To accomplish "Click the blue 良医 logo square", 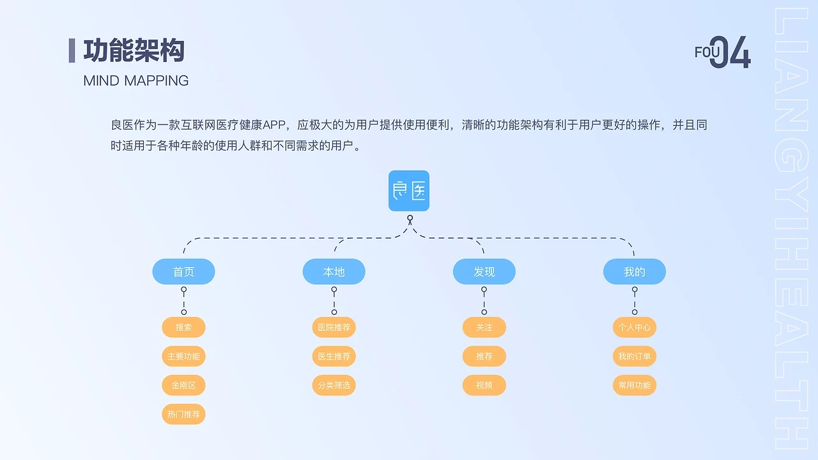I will pos(409,190).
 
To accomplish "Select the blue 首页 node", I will pos(183,272).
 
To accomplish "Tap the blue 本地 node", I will pos(334,272).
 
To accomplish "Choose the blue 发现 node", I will pos(484,272).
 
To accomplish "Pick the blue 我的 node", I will pos(634,272).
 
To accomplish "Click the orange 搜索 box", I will pos(183,327).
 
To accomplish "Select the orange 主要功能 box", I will pos(183,356).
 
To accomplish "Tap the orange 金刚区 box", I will pos(183,385).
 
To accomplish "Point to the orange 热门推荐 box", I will pos(183,414).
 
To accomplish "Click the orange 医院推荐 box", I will pos(334,327).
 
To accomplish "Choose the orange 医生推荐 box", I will pos(334,356).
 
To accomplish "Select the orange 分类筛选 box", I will pos(334,385).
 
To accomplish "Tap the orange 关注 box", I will pos(484,327).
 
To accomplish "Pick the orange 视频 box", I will pos(484,385).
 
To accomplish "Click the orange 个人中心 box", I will pos(634,327).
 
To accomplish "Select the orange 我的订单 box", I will pos(634,356).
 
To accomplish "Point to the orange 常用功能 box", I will pos(634,385).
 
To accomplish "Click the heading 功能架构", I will pos(134,50).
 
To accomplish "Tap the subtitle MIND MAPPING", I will pos(135,80).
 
